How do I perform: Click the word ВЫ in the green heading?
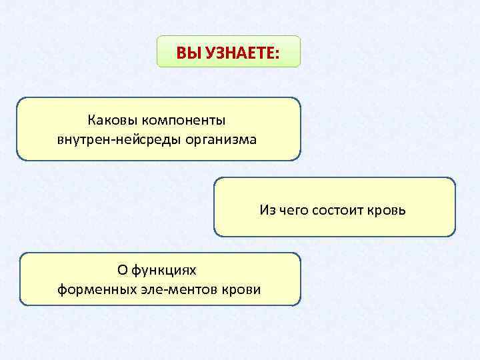click(186, 53)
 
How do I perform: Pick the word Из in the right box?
click(267, 211)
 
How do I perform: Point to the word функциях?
click(164, 270)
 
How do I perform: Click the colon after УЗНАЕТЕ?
click(276, 53)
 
